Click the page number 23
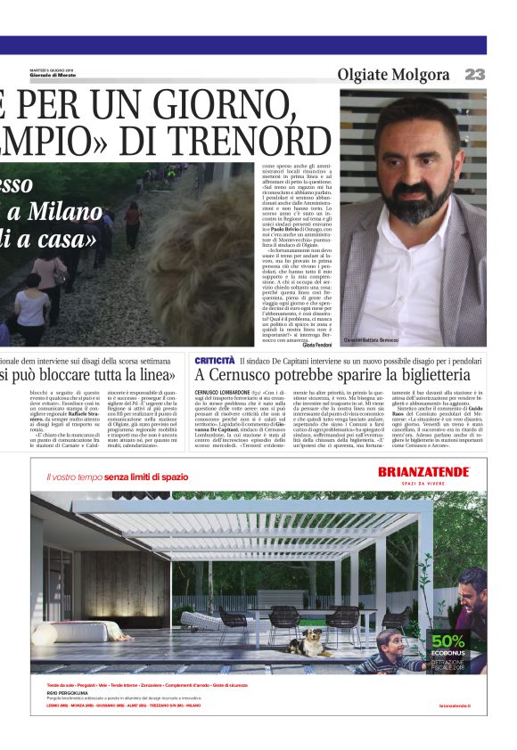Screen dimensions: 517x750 point(474,74)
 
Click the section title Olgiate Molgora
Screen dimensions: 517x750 point(393,74)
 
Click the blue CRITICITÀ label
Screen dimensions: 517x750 point(214,359)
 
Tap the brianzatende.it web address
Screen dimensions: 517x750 point(455,705)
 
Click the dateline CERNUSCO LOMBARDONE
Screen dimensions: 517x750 point(224,393)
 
